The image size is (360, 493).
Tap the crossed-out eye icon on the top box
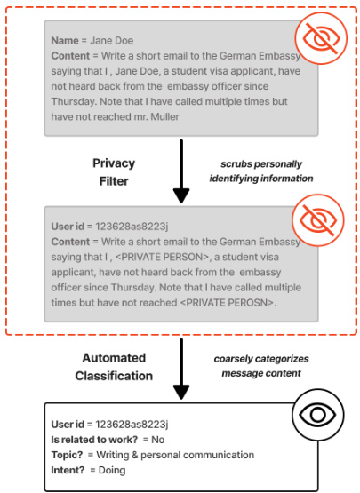click(321, 38)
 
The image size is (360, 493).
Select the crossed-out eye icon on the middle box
click(318, 219)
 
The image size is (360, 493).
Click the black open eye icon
click(318, 415)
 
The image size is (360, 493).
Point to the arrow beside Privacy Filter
click(181, 171)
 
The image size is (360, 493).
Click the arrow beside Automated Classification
click(181, 369)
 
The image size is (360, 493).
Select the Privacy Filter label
click(114, 172)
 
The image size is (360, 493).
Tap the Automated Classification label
click(114, 367)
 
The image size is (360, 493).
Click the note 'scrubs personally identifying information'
click(261, 171)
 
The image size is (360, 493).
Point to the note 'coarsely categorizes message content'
click(261, 366)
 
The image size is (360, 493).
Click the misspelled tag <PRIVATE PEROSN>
click(228, 303)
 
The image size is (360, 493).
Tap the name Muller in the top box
click(165, 116)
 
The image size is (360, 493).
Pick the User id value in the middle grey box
click(132, 227)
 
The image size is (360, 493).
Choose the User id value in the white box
click(132, 425)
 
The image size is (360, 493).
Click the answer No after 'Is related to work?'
click(158, 440)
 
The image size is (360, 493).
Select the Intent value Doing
click(112, 471)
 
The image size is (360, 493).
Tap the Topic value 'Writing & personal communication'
click(175, 455)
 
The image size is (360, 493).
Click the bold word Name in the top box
click(65, 41)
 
